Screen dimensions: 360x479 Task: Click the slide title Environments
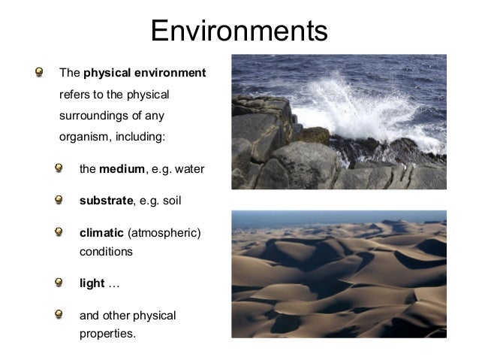click(239, 31)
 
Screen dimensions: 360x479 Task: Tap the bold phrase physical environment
click(144, 74)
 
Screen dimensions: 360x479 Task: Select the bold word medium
click(122, 169)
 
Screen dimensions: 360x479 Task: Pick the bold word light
click(92, 283)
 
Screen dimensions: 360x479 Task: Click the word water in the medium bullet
click(188, 169)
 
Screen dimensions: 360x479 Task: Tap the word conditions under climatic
click(106, 252)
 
